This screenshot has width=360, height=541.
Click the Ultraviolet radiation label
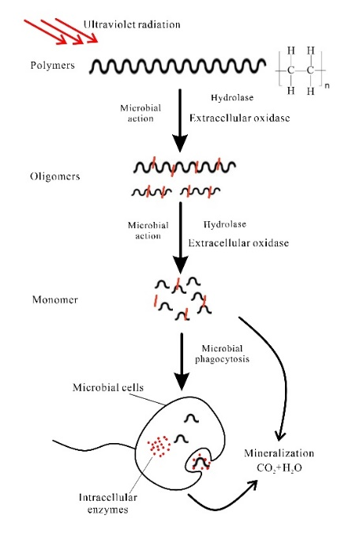coord(132,24)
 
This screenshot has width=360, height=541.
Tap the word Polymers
coord(52,66)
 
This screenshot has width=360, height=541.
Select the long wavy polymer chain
coord(178,66)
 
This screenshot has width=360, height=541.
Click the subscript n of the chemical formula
coord(327,85)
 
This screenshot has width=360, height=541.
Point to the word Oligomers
coord(54,176)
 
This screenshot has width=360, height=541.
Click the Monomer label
coord(54,299)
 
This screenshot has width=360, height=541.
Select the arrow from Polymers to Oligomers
coord(180,121)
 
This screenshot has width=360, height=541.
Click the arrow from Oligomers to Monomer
coord(180,238)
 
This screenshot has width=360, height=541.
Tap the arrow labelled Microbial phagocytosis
coord(182,361)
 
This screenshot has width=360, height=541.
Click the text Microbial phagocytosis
coord(222,354)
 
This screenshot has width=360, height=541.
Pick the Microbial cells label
coord(108,388)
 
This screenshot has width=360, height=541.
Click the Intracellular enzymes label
coord(108,503)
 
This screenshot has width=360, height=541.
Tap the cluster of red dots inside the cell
coord(159,445)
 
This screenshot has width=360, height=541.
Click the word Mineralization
coord(279,453)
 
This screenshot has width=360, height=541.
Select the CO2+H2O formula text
coord(279,468)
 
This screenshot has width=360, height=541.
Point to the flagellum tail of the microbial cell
coord(94,445)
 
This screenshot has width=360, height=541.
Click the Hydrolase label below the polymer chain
coord(232,98)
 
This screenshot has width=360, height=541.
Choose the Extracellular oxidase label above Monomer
coord(238,243)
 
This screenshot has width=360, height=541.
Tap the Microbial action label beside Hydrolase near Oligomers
coord(148,231)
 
